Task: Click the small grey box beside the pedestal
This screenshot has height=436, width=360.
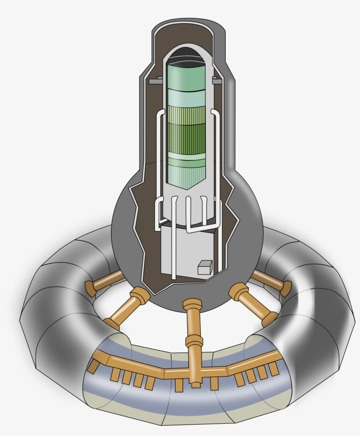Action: pyautogui.click(x=205, y=267)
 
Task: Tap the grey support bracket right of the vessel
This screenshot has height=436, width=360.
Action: pyautogui.click(x=217, y=81)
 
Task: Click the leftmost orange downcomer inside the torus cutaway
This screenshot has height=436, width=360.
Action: pyautogui.click(x=94, y=365)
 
